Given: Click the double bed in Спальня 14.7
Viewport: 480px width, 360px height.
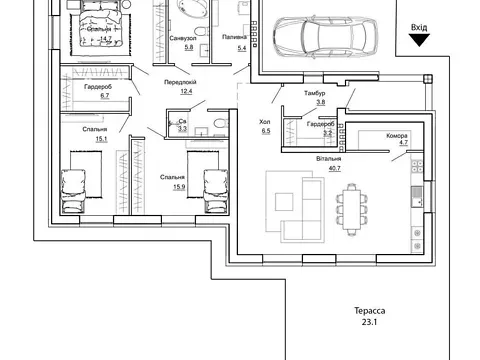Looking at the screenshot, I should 101,26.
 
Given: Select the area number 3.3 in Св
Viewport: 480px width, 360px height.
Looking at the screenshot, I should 182,129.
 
